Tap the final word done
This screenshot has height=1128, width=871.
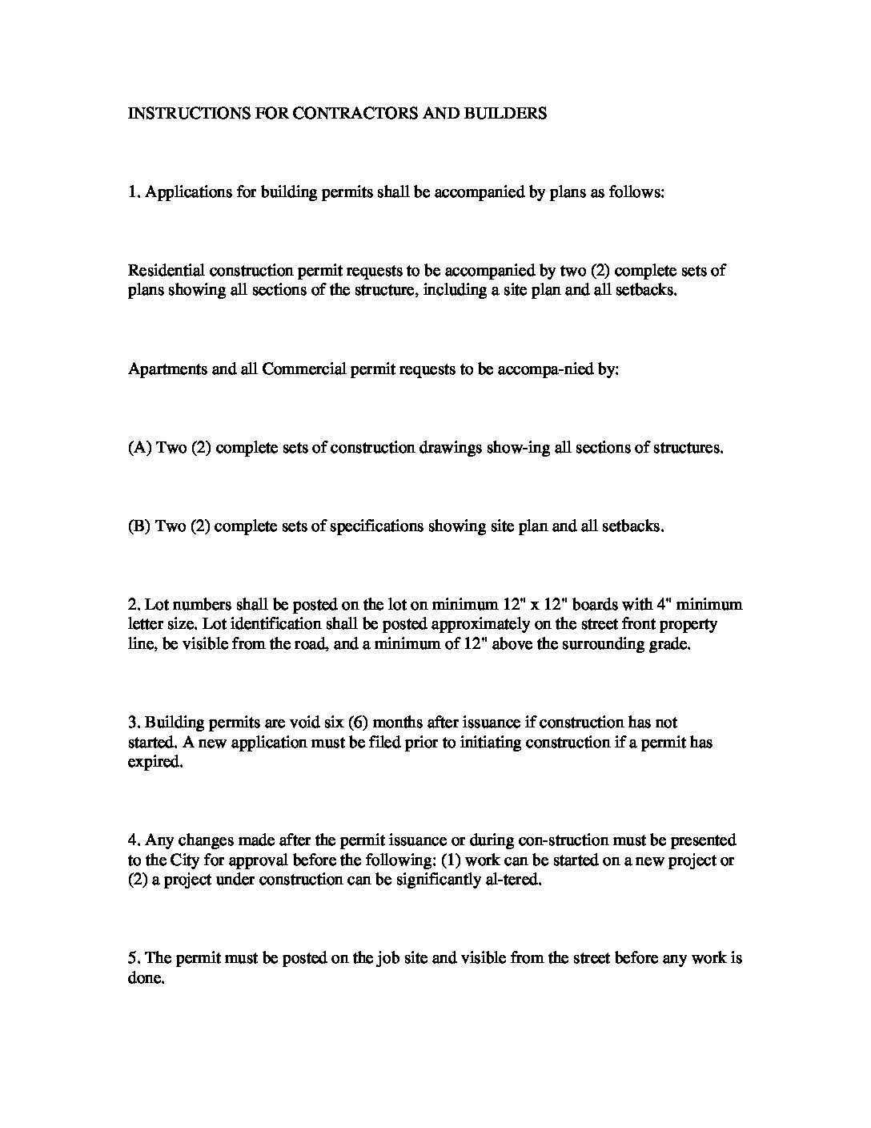point(146,978)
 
